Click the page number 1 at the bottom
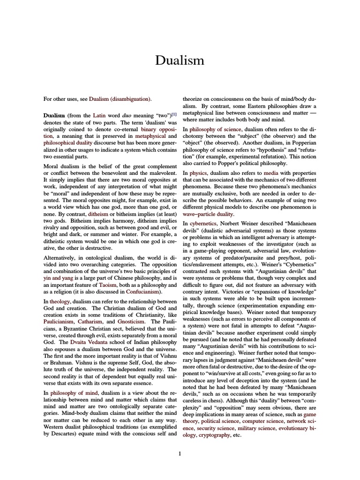click(180, 453)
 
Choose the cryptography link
click(214, 435)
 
